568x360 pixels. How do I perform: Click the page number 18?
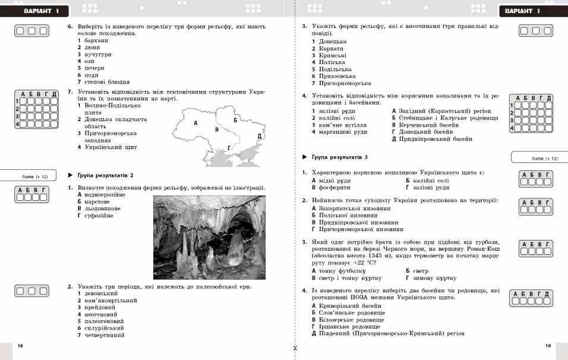tap(20, 345)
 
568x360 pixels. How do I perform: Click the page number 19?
tap(548, 345)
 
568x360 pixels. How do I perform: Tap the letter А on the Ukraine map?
tap(195, 122)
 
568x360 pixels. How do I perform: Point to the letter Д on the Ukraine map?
tap(260, 136)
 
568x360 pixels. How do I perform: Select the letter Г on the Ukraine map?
tap(229, 147)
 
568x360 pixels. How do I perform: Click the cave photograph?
tap(209, 237)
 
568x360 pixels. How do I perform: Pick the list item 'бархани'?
tap(96, 40)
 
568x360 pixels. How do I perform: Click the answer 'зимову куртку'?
tap(434, 277)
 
